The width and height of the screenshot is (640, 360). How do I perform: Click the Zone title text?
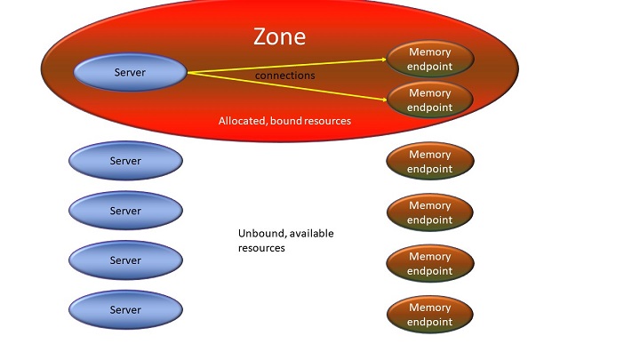[x=279, y=36]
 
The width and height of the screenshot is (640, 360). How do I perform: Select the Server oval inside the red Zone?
[x=130, y=72]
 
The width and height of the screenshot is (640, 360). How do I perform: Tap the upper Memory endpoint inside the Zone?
[x=429, y=59]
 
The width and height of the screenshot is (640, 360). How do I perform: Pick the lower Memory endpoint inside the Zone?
[x=429, y=100]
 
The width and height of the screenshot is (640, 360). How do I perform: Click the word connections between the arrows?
[x=284, y=76]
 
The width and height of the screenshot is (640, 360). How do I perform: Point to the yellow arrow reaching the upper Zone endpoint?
[x=293, y=65]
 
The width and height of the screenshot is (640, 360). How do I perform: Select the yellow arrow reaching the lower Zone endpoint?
[x=293, y=85]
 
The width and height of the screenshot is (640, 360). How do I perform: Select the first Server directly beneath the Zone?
[x=125, y=161]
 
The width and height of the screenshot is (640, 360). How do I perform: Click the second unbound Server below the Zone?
[x=125, y=211]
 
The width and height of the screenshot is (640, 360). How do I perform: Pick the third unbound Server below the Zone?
[x=125, y=260]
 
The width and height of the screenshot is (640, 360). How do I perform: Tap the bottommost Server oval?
[x=125, y=309]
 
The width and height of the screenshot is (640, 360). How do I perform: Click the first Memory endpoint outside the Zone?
[x=430, y=162]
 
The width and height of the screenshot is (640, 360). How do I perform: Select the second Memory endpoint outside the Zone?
[x=430, y=212]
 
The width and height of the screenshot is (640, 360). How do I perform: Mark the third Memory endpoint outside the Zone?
[x=430, y=263]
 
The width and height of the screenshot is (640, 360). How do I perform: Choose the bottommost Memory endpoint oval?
[x=430, y=315]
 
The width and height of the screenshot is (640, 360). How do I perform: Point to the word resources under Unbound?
[x=261, y=248]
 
